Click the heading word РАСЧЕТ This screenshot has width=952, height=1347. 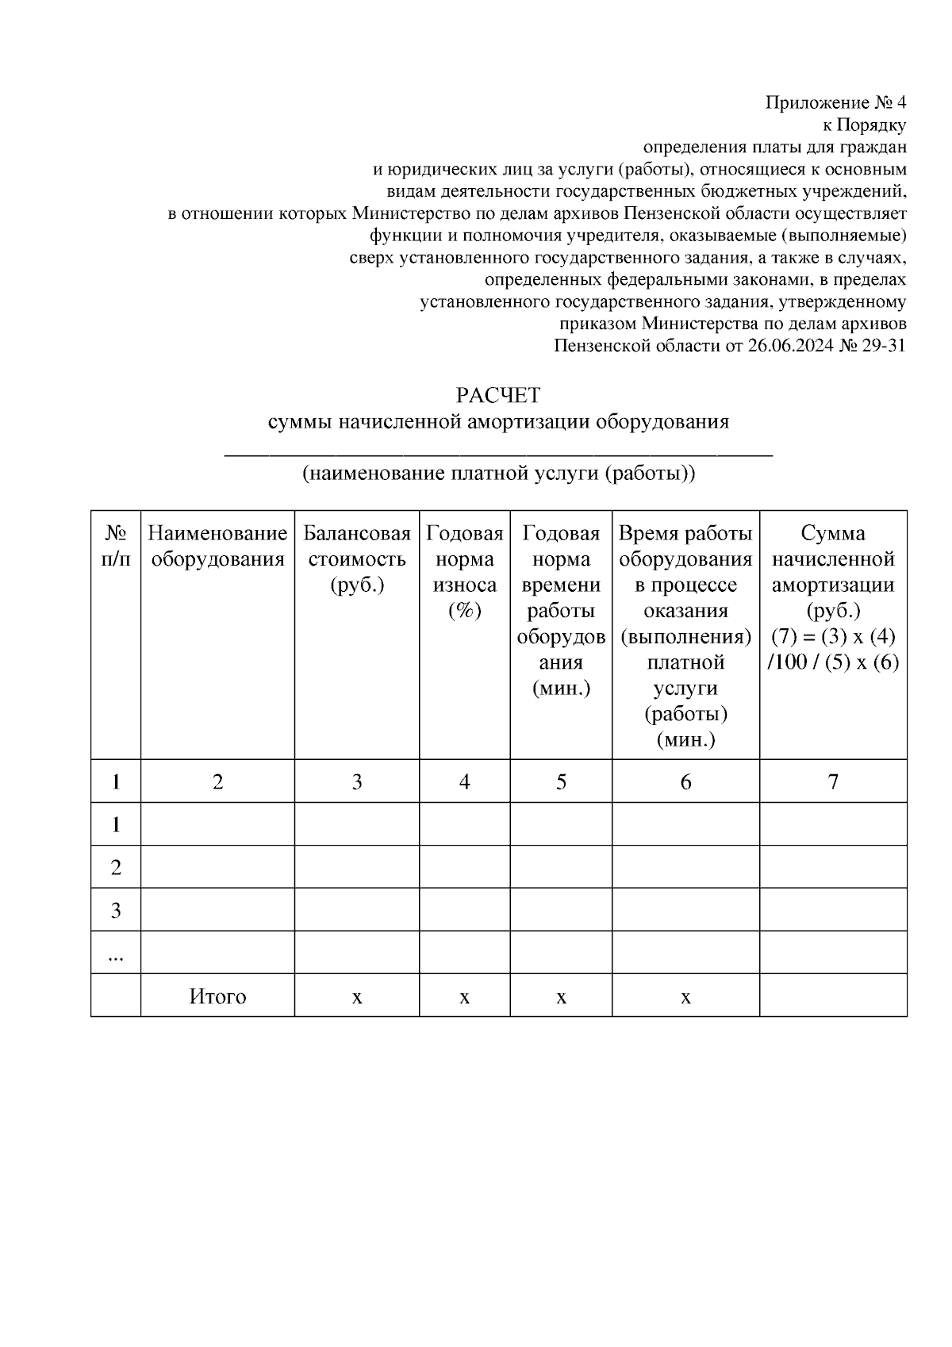click(x=498, y=395)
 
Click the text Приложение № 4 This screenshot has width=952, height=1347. click(x=835, y=103)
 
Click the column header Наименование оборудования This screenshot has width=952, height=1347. click(x=217, y=546)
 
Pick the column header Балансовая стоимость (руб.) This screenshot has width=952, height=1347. click(x=357, y=558)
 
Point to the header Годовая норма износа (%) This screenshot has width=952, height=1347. click(x=465, y=571)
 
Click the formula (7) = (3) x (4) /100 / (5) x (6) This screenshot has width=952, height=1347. click(x=833, y=649)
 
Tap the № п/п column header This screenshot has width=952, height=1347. click(x=116, y=546)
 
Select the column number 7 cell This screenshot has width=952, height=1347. click(x=833, y=782)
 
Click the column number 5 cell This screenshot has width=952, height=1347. click(x=561, y=782)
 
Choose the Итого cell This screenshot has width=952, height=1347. click(x=217, y=996)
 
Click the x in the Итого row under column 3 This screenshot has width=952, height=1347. click(x=357, y=997)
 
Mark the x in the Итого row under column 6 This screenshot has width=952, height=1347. click(x=685, y=997)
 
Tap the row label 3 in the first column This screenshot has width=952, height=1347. click(x=116, y=910)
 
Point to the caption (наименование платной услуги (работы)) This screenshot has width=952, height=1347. click(x=498, y=474)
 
